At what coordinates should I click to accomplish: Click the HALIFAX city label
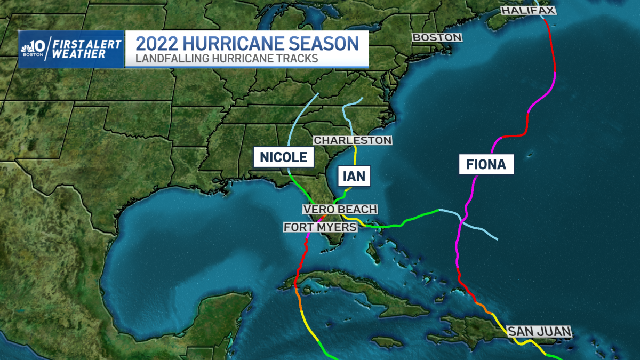coord(529,10)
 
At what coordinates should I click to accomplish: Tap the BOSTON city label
coord(437,37)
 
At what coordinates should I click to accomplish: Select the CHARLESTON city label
coord(353,140)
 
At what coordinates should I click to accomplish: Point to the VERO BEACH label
coord(340,209)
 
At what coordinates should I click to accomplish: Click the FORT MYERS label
coord(320,227)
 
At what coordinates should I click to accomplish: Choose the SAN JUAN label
coord(539,331)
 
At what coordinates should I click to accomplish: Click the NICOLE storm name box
coord(283,157)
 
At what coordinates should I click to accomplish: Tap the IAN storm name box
coord(354,177)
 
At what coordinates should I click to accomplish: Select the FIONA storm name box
coord(486,164)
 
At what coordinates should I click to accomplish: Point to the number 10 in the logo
coord(38,45)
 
